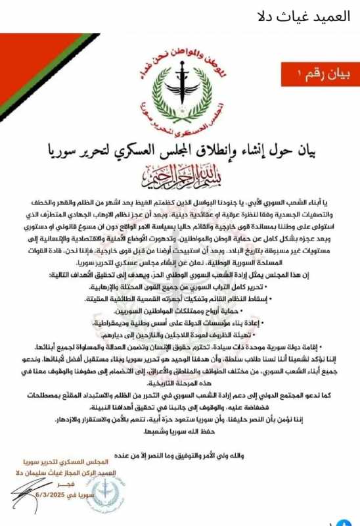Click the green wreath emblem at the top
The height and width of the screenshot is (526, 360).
click(x=180, y=85)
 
